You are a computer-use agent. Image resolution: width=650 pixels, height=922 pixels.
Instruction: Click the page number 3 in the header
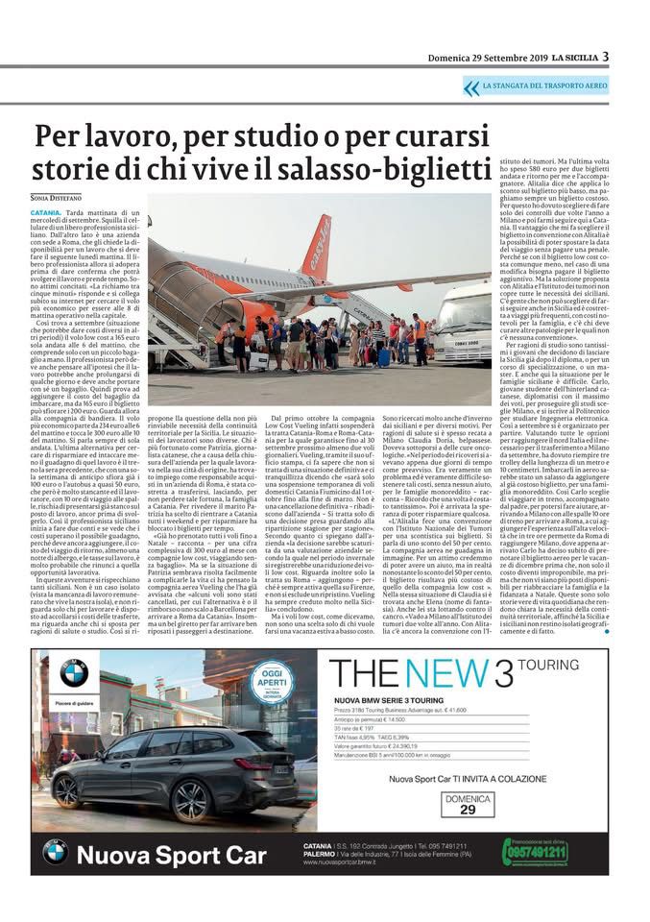[x=606, y=57]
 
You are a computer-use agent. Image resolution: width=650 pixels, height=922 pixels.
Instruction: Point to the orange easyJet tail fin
[x=320, y=246]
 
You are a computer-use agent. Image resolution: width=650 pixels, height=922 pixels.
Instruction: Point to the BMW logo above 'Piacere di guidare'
[x=74, y=673]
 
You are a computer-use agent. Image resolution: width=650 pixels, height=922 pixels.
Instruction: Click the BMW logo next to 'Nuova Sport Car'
[x=55, y=852]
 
